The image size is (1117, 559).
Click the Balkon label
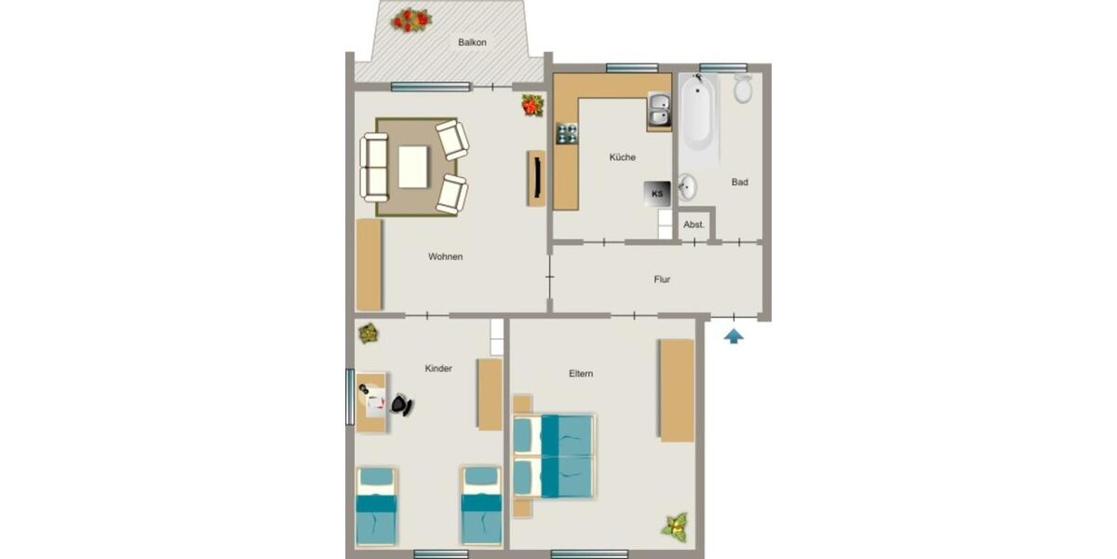tap(472, 43)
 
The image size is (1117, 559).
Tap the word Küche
tap(622, 157)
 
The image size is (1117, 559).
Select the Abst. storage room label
tap(694, 225)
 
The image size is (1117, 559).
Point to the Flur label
tap(662, 279)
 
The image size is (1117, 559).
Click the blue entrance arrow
tap(733, 335)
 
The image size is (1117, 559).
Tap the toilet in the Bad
tap(743, 89)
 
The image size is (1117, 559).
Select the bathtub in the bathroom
tap(698, 121)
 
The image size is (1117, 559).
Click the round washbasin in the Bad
tap(687, 186)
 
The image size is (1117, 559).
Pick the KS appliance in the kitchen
tap(657, 194)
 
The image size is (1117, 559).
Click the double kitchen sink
tap(659, 111)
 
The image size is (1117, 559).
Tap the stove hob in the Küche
tap(566, 133)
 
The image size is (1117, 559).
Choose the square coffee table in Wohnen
tap(414, 168)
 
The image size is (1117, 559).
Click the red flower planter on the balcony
tap(410, 19)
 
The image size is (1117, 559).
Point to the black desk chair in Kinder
tap(401, 404)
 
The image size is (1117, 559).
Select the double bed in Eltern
tap(555, 457)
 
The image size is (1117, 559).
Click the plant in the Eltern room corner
tap(676, 526)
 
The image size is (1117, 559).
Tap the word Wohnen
tap(445, 257)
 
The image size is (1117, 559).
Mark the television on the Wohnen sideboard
tap(537, 177)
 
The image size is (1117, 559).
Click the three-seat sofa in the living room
tap(375, 168)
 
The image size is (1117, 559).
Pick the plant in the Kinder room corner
tap(368, 333)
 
